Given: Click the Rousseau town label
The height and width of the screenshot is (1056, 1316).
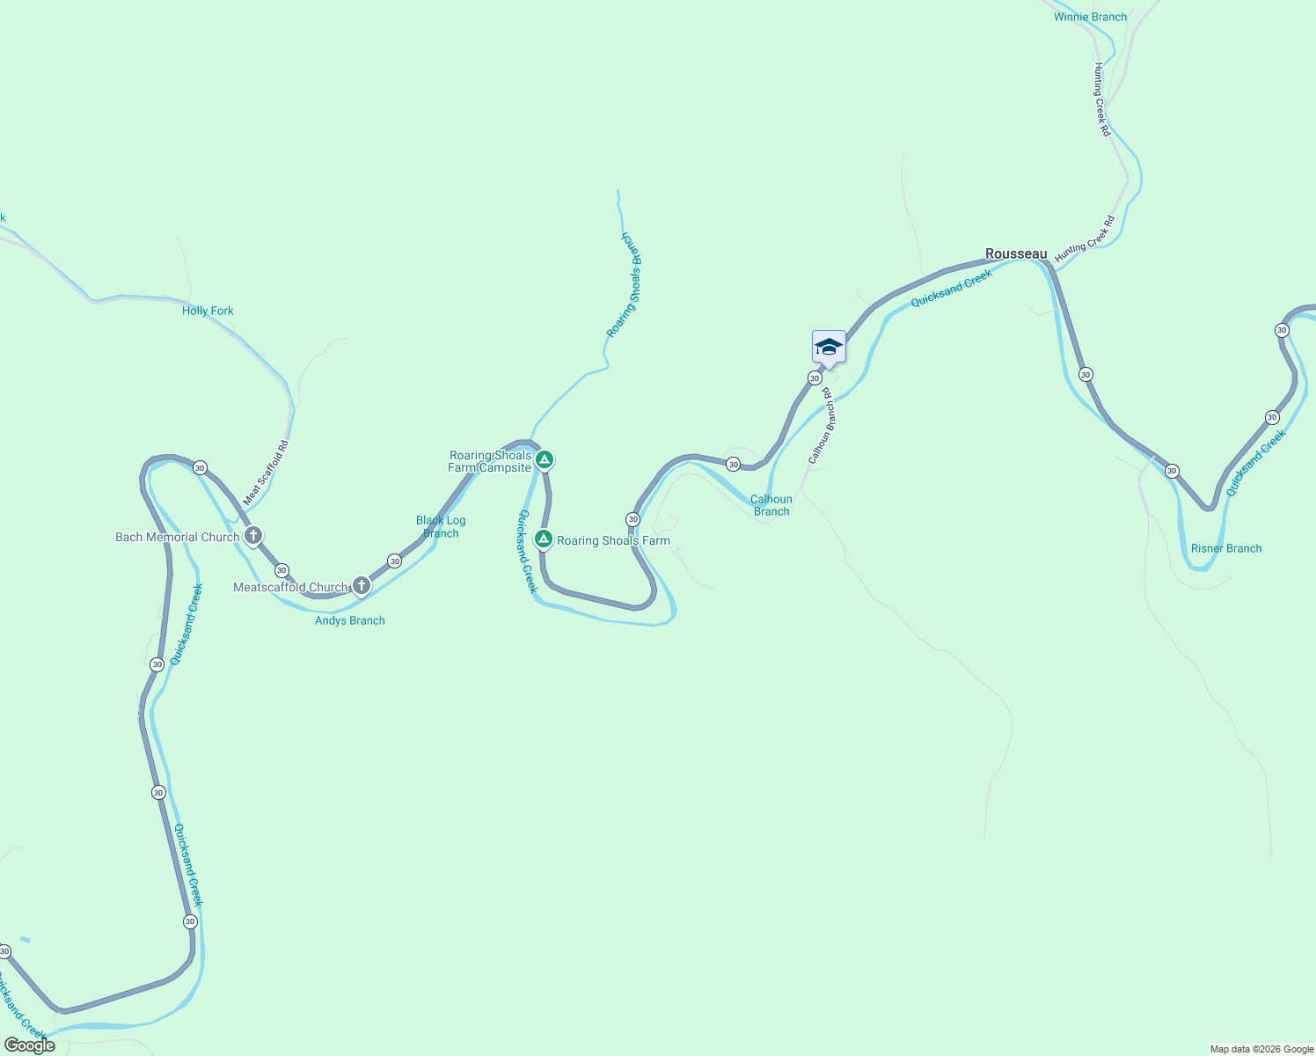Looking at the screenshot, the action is coord(1016,253).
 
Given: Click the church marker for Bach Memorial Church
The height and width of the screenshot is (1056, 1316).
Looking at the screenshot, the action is coord(253,535).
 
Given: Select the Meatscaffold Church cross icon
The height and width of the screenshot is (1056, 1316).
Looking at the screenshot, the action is coord(362,585).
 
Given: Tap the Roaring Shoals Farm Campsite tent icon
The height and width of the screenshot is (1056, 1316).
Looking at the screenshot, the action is coord(545,458).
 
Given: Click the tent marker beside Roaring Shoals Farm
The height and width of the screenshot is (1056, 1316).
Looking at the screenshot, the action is coord(544,539).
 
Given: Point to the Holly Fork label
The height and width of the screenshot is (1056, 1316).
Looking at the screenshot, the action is coord(208,311).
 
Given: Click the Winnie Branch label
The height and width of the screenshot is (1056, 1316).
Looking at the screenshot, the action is coord(1090,17).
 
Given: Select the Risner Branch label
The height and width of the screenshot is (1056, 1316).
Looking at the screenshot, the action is coord(1225,548).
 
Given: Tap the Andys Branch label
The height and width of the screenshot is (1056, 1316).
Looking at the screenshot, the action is coord(350,620).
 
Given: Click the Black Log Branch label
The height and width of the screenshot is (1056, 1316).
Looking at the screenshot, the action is coord(441,526).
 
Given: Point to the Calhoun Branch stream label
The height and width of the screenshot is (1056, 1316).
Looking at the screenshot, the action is coord(771,505).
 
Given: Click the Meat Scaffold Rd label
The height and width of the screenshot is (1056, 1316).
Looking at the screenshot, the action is coord(266,473).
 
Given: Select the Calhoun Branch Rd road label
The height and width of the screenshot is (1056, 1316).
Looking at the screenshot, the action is coord(822,426).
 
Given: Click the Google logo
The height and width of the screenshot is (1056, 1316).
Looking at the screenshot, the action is coord(29,1045).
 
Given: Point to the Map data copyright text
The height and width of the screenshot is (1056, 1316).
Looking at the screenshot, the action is coord(1261,1049).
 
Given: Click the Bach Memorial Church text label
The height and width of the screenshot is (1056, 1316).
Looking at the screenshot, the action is coord(177,537).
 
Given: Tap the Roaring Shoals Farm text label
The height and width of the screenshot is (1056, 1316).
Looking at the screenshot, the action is coord(613,540).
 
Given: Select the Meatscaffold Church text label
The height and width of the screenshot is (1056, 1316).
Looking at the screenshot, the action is coord(290,587).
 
